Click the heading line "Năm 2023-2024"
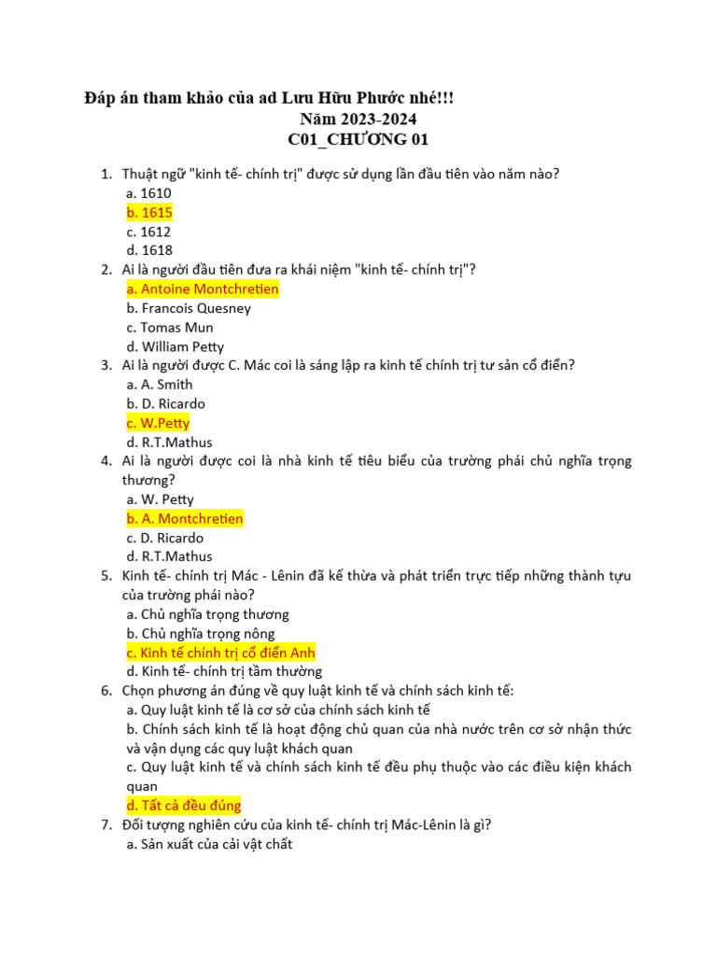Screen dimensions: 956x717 click(x=358, y=119)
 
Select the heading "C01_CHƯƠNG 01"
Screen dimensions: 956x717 click(x=358, y=140)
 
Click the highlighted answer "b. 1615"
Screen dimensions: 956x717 click(x=149, y=213)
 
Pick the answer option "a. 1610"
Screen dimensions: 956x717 click(x=149, y=193)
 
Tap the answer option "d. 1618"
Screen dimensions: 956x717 click(x=149, y=250)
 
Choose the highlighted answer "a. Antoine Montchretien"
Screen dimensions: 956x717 click(x=203, y=289)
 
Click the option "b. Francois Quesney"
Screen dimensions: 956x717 click(x=190, y=308)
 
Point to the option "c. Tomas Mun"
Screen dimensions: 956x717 click(x=170, y=328)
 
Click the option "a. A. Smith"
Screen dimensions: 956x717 click(x=160, y=385)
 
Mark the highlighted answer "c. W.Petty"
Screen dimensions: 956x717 click(x=158, y=423)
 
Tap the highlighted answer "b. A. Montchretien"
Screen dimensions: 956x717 click(x=185, y=519)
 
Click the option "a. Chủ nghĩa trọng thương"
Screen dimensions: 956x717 click(x=208, y=614)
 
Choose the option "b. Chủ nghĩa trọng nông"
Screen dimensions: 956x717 click(x=202, y=634)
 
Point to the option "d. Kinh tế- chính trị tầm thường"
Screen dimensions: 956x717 click(x=224, y=671)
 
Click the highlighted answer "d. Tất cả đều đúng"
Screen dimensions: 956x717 click(x=184, y=806)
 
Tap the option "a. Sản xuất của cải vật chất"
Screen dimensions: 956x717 click(x=209, y=845)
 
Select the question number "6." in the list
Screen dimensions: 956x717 click(x=106, y=691)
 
